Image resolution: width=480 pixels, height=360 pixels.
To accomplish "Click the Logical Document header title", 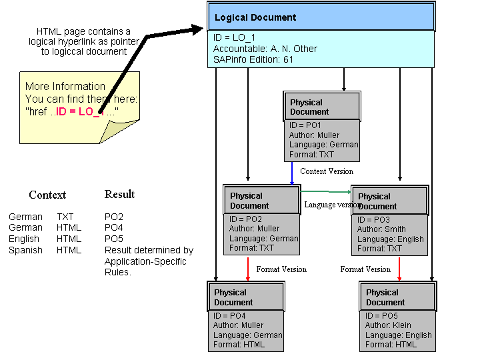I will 256,18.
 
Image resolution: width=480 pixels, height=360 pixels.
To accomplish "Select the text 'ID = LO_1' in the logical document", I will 235,38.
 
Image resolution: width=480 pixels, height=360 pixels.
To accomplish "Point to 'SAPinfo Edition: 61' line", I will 253,59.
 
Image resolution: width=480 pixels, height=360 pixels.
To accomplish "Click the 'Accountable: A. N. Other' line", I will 265,49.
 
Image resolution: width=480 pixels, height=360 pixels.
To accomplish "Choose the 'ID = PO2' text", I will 245,219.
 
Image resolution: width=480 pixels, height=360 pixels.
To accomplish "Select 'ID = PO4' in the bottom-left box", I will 230,315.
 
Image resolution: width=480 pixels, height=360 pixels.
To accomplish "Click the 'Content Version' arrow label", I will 327,171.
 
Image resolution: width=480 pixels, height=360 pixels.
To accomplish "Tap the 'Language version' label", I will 331,205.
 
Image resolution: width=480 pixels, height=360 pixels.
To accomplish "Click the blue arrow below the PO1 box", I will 291,173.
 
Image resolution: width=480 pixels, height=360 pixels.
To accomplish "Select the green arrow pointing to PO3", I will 327,192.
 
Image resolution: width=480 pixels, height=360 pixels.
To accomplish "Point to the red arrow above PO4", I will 247,269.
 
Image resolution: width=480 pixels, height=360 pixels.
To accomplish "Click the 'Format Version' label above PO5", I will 365,269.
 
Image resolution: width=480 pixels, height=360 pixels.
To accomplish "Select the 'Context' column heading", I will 47,195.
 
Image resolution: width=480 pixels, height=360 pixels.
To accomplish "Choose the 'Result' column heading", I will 119,195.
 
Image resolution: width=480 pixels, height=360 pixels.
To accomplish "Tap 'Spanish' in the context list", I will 25,250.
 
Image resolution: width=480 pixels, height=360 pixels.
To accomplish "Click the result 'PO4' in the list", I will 114,228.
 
